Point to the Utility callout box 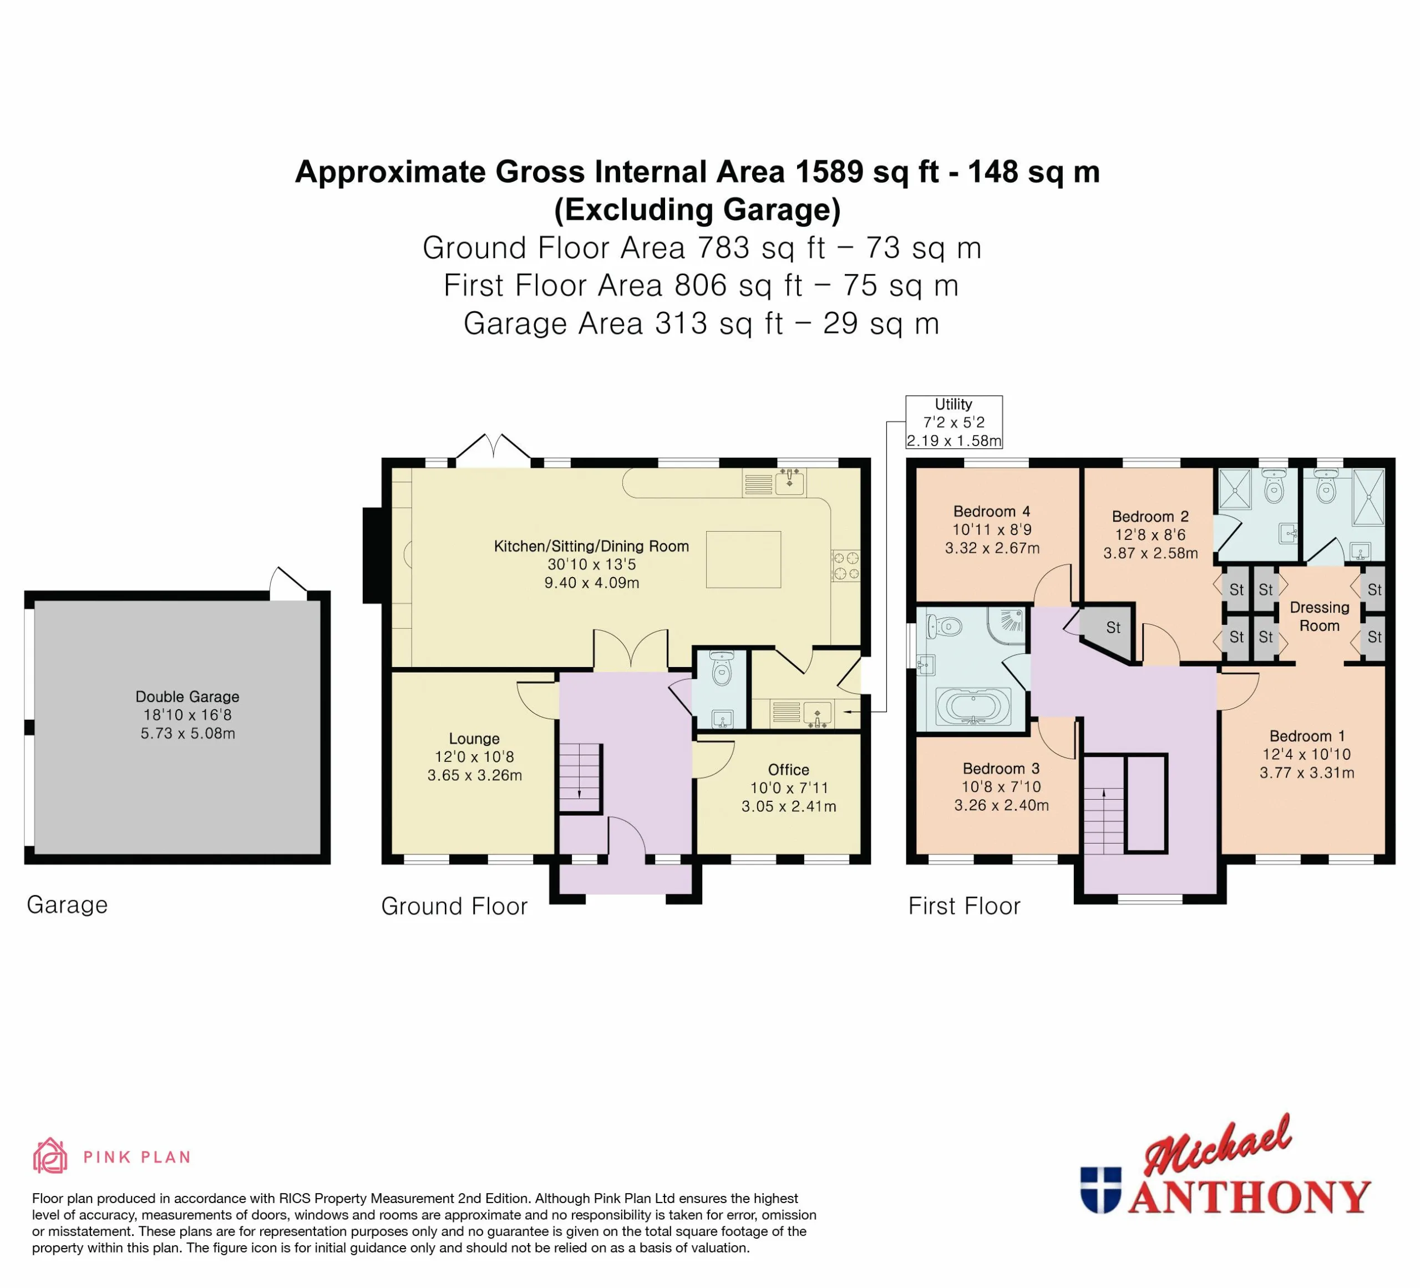(954, 422)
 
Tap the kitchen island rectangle (743, 559)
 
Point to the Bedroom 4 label (992, 512)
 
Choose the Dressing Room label (1319, 617)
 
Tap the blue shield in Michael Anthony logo (1100, 1190)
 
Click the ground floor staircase (580, 778)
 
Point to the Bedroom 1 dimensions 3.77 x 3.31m (1307, 772)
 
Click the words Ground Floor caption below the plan (454, 906)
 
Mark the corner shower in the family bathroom (1007, 625)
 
